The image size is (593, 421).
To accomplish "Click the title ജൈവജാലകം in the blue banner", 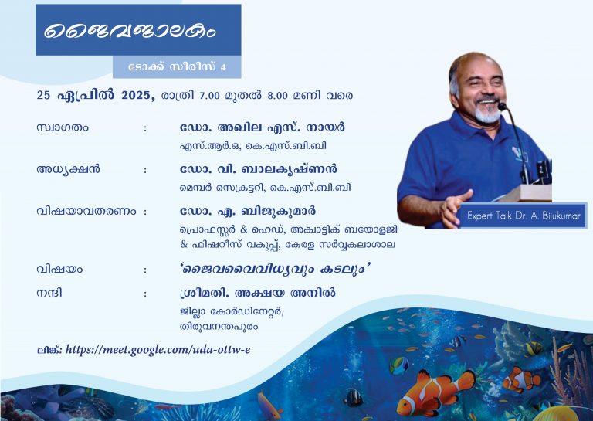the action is [130, 30].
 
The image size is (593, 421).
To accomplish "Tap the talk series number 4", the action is [223, 67].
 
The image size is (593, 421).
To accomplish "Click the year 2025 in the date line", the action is [136, 95].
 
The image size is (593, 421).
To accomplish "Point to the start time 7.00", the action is [209, 95].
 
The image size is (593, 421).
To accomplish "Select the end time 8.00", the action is [278, 95].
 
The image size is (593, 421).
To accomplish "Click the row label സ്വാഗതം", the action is [63, 127].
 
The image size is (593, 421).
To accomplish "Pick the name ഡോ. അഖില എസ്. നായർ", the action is [263, 127].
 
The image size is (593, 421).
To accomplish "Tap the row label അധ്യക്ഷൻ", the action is [69, 169].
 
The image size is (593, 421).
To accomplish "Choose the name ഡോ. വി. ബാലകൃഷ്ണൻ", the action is [259, 168].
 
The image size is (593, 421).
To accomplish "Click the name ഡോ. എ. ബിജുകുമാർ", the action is [248, 211].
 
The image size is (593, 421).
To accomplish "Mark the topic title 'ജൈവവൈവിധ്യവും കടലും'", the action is [275, 269].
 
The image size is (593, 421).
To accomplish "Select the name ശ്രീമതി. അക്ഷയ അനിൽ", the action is [258, 293].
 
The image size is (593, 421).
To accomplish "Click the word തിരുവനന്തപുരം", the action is [219, 326].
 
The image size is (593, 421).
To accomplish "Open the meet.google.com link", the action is [158, 349].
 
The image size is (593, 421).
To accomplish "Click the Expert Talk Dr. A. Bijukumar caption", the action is [524, 216].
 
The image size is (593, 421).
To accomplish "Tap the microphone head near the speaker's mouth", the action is [502, 107].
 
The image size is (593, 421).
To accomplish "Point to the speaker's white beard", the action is [488, 114].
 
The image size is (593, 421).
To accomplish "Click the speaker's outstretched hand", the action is [456, 207].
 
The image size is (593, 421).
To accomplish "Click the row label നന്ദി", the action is [49, 293].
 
